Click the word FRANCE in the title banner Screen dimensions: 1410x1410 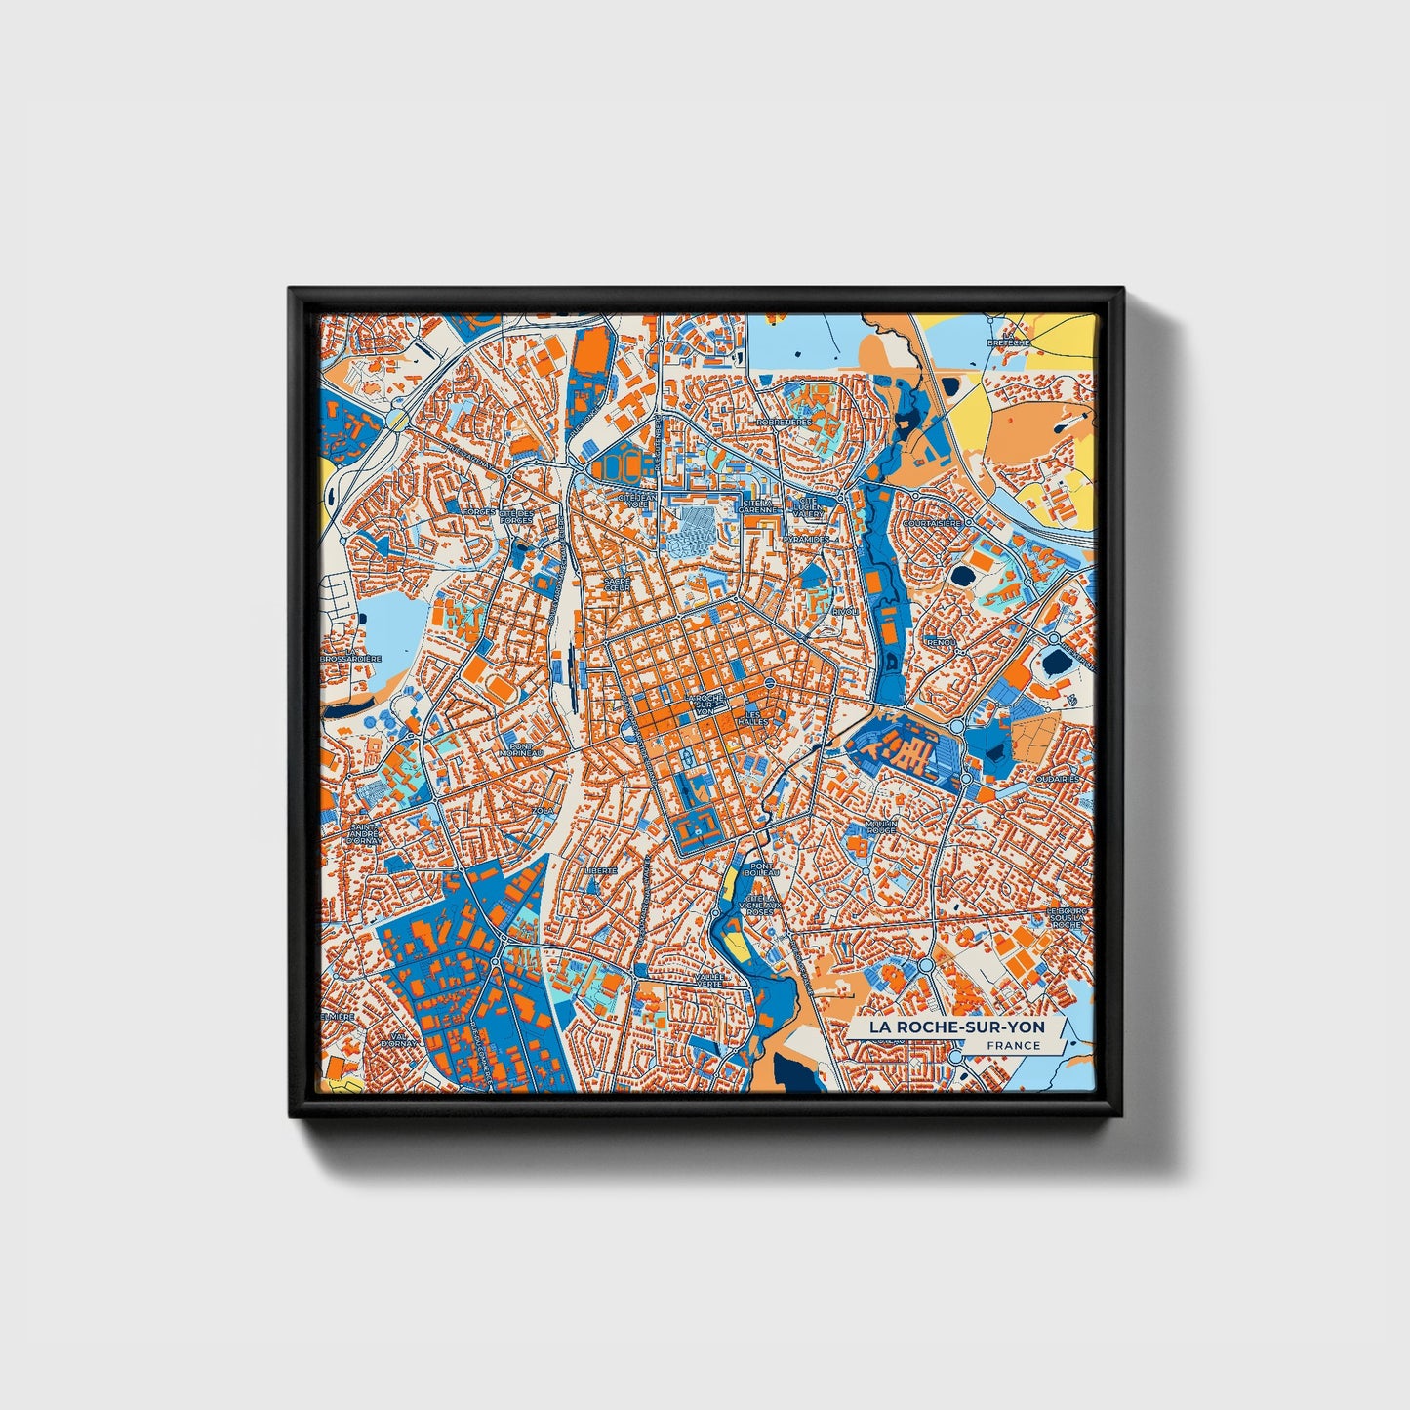(x=1013, y=1045)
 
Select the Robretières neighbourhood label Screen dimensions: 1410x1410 (x=783, y=423)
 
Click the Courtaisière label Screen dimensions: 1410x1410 (x=932, y=523)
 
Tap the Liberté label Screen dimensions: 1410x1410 (x=599, y=869)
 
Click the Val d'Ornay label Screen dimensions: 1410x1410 (x=399, y=1041)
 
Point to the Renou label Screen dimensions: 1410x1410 (x=941, y=643)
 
